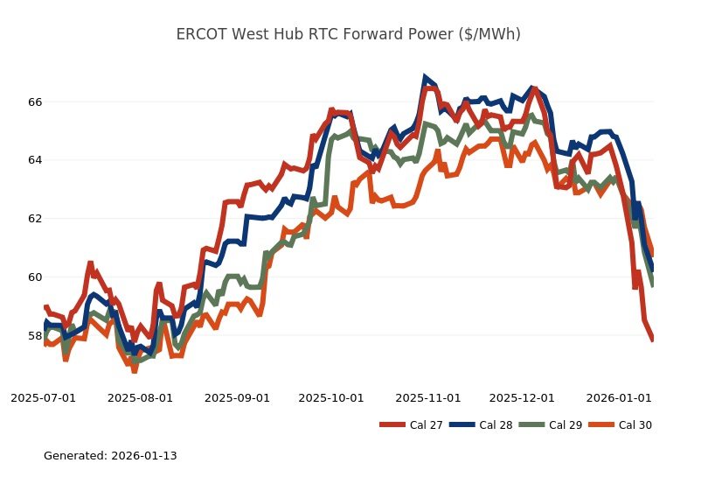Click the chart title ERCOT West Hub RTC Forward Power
(348, 34)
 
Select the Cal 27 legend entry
(411, 425)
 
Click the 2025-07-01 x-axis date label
(43, 397)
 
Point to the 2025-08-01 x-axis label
(140, 397)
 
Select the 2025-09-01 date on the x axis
(237, 397)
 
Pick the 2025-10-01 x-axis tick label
(330, 397)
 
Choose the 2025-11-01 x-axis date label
(427, 397)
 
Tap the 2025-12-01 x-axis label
(522, 397)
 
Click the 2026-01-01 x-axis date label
(619, 397)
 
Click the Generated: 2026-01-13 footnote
(110, 456)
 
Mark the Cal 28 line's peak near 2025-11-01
(426, 78)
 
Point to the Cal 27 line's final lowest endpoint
(652, 340)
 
